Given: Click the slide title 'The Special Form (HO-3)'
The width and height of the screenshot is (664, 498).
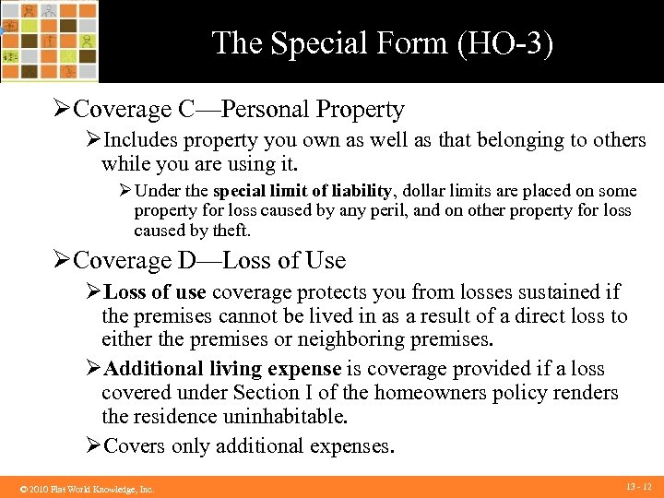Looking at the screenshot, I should (x=383, y=42).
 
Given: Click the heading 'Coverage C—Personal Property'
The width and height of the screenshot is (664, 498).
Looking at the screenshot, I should (x=238, y=110).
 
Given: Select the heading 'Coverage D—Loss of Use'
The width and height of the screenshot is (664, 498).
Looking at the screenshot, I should (x=208, y=261).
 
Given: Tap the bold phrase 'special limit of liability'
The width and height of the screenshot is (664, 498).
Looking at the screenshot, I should (x=302, y=191).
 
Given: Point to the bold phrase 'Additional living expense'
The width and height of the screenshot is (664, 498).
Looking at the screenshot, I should (x=223, y=369).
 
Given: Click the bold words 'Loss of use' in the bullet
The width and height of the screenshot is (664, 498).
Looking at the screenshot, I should (x=155, y=292).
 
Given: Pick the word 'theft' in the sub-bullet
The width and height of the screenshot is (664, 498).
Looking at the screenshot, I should (x=230, y=231).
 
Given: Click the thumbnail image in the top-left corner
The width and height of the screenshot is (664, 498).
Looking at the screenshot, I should (x=49, y=41).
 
